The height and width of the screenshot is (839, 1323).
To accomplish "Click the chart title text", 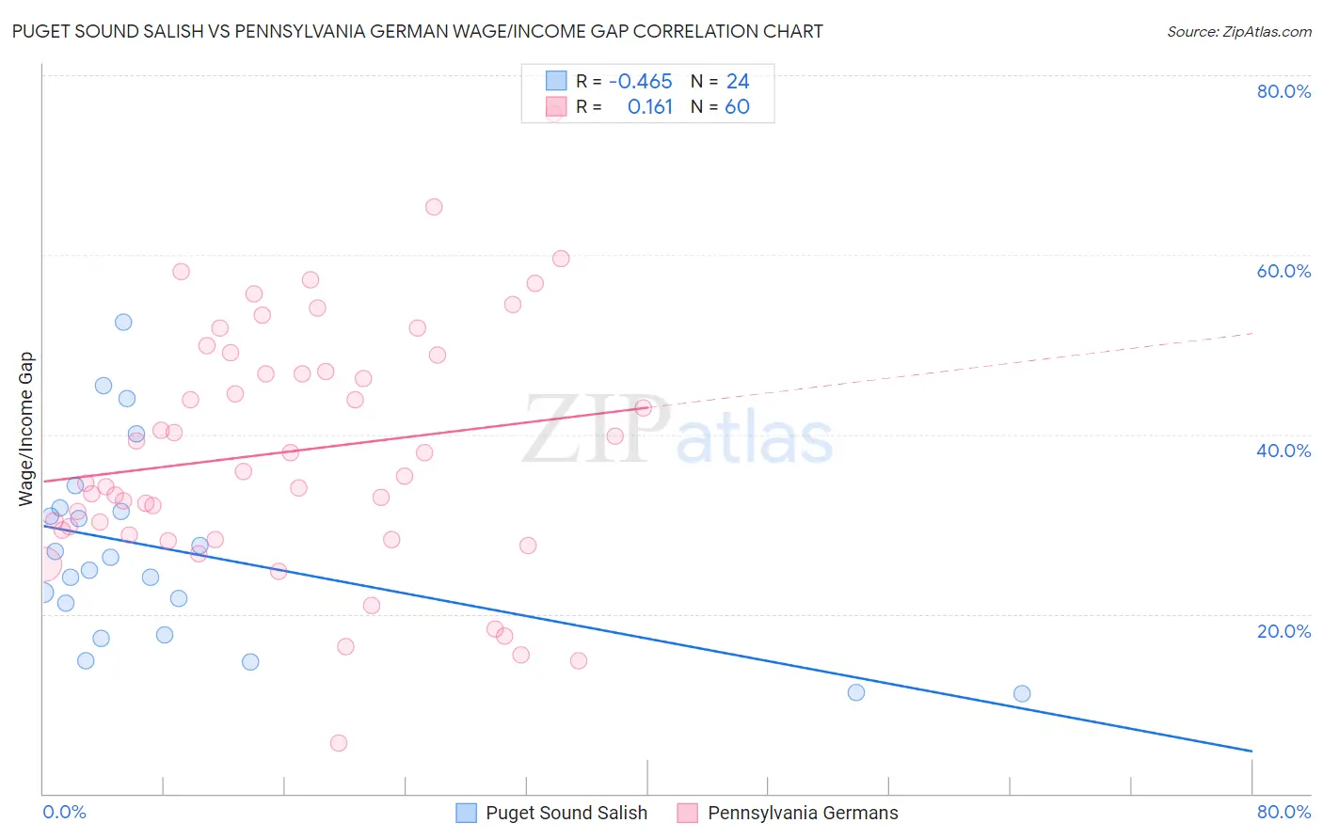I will [418, 32].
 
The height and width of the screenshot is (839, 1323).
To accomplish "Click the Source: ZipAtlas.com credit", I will [1238, 32].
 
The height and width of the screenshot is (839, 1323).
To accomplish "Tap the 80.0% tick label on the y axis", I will [1283, 91].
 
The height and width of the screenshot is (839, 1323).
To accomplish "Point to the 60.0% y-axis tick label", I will [1283, 271].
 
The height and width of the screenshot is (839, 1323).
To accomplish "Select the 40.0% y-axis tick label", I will [1283, 451].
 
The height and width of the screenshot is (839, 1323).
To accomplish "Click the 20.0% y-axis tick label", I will [1283, 631].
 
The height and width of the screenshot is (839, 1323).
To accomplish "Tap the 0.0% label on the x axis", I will [64, 812].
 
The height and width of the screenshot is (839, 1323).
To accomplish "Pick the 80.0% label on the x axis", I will [1283, 812].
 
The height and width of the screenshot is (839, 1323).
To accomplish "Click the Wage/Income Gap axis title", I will [26, 429].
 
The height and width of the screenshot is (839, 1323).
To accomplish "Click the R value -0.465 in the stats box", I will [641, 81].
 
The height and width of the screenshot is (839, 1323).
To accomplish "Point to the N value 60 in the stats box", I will [737, 107].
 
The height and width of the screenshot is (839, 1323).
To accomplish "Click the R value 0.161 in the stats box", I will [650, 107].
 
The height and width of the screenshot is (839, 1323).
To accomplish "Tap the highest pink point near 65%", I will [434, 207].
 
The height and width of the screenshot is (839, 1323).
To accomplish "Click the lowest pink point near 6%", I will [339, 743].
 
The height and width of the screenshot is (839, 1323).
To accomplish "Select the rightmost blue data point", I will [1022, 693].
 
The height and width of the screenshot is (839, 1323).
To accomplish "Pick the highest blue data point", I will [123, 322].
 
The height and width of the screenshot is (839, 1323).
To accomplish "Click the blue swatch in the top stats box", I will [556, 81].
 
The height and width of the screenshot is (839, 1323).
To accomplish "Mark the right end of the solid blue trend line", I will [1251, 751].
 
